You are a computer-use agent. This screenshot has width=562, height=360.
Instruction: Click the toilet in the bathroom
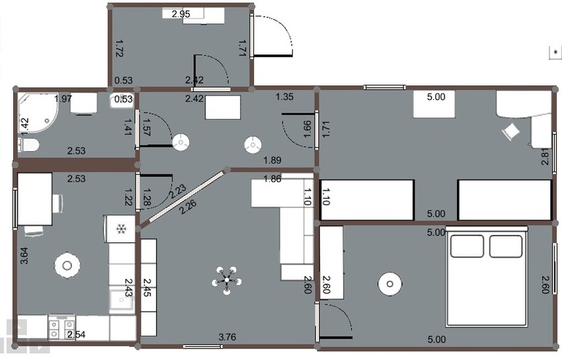pyautogui.click(x=28, y=145)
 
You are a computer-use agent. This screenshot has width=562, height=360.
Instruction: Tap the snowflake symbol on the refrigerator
pyautogui.click(x=121, y=229)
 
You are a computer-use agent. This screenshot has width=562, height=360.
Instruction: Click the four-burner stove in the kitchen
pyautogui.click(x=61, y=327)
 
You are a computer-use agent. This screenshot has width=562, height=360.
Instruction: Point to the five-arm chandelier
pyautogui.click(x=226, y=280)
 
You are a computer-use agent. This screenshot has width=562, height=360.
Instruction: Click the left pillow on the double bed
pyautogui.click(x=466, y=246)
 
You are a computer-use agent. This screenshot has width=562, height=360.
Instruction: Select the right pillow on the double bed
pyautogui.click(x=505, y=246)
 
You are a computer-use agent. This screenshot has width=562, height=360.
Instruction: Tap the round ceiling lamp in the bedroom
pyautogui.click(x=390, y=284)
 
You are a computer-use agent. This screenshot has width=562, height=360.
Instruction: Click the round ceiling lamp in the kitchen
pyautogui.click(x=67, y=265)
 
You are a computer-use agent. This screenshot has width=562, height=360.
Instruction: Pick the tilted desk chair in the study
pyautogui.click(x=510, y=131)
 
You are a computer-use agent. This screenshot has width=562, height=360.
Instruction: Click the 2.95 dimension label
pyautogui.click(x=181, y=14)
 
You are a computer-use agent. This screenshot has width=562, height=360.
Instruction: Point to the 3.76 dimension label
pyautogui.click(x=227, y=337)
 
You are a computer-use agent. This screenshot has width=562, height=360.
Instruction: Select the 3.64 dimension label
pyautogui.click(x=24, y=256)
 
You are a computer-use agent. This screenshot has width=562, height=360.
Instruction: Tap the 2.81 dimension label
pyautogui.click(x=544, y=156)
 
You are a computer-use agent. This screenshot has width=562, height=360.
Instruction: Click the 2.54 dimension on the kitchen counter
pyautogui.click(x=77, y=334)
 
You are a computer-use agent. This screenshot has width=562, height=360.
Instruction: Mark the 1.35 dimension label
pyautogui.click(x=285, y=96)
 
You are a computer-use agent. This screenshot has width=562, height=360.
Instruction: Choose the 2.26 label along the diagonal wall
pyautogui.click(x=188, y=207)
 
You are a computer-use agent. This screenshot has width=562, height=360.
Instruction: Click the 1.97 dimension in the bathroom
pyautogui.click(x=63, y=99)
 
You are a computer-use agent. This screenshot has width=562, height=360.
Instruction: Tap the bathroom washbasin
pyautogui.click(x=122, y=100)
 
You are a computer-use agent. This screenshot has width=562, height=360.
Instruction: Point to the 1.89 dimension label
pyautogui.click(x=272, y=160)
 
